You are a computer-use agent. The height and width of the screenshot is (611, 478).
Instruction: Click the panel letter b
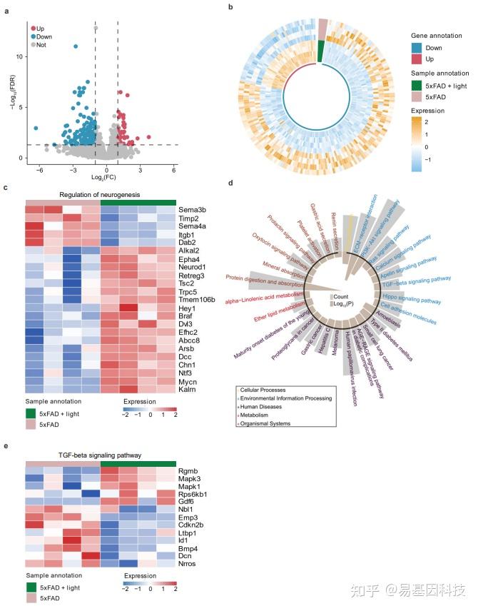[x=230, y=7]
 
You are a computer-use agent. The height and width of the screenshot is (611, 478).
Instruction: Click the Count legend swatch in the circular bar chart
[x=330, y=296]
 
